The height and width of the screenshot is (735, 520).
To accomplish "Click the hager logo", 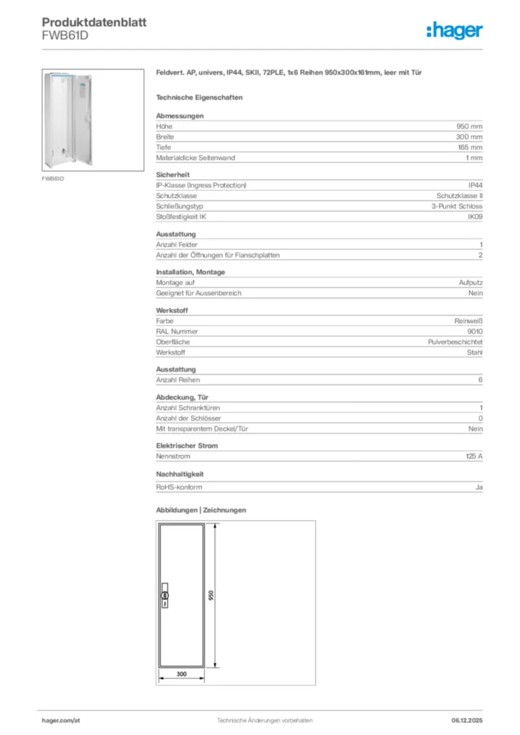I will [x=454, y=30].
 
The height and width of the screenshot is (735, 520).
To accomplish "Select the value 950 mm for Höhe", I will [x=470, y=126].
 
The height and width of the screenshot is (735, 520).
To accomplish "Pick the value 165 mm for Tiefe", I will [x=470, y=147].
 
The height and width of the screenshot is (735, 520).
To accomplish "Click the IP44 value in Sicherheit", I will [x=475, y=185].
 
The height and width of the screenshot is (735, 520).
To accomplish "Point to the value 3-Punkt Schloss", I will [x=452, y=206].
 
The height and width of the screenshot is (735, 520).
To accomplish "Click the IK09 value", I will [x=475, y=216].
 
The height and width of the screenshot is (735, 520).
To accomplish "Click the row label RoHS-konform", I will [x=179, y=487].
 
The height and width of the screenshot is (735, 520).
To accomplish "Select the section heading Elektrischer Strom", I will [x=187, y=446].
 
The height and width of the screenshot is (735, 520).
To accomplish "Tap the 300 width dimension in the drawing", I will [x=181, y=674].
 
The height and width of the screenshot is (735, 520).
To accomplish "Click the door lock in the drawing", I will [x=164, y=596].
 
